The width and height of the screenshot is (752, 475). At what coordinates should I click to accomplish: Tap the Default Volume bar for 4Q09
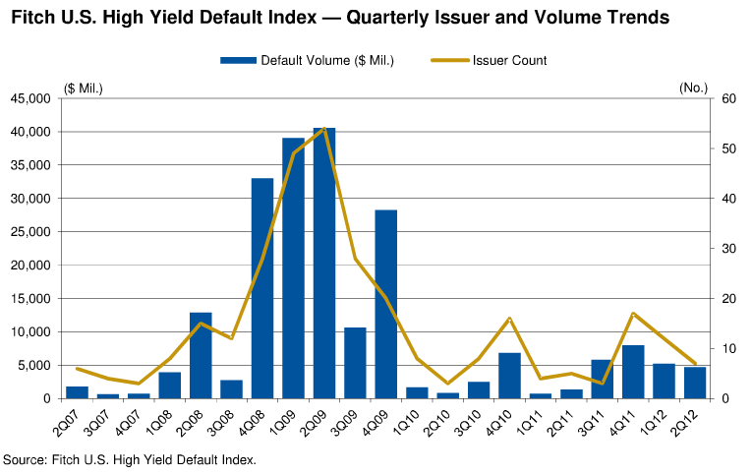[x=386, y=304]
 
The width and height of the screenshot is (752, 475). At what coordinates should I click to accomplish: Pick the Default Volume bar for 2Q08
[x=201, y=355]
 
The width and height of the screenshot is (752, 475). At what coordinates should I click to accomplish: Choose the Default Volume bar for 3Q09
[x=355, y=363]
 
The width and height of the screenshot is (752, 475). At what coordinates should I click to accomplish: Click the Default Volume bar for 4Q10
[x=509, y=376]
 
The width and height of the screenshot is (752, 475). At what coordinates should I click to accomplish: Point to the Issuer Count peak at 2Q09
[x=324, y=129]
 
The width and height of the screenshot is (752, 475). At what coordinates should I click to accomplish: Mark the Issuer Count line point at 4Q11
[x=633, y=314]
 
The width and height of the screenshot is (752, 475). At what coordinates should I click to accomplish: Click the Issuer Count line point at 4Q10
[x=509, y=319]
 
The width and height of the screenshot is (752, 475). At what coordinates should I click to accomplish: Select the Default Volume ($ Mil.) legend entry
[x=307, y=60]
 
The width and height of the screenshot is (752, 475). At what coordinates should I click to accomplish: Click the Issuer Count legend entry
[x=489, y=60]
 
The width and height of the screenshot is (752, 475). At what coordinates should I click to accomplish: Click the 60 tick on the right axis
[x=728, y=98]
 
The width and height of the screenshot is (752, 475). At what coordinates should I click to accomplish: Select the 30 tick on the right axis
[x=728, y=249]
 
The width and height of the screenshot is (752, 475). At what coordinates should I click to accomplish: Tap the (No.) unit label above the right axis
[x=694, y=88]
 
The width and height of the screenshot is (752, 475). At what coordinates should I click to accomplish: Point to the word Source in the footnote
[x=26, y=459]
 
